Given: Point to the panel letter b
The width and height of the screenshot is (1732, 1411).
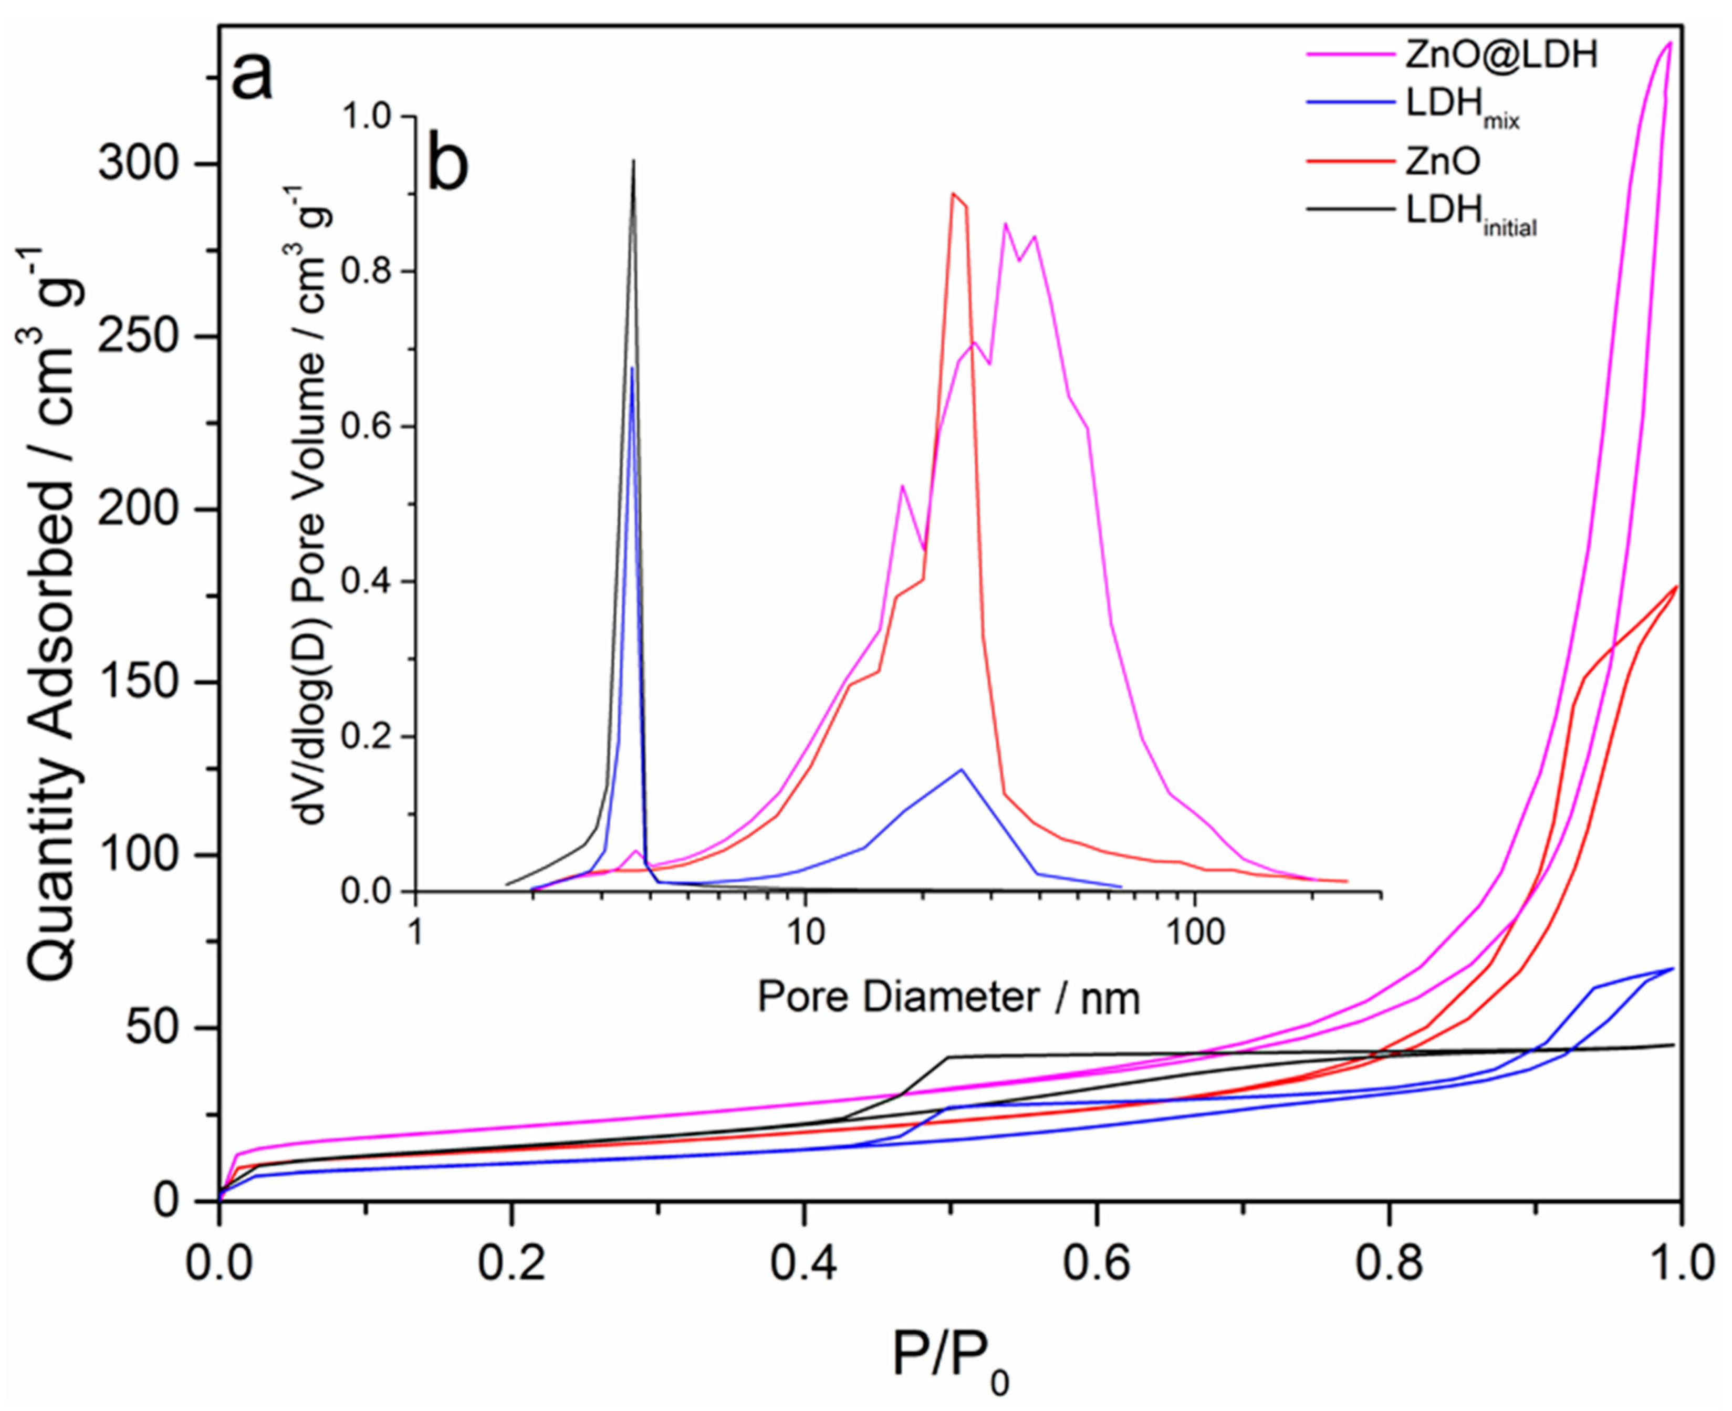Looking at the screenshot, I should tap(448, 163).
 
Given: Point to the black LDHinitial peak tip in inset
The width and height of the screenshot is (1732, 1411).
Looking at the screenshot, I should tap(634, 161).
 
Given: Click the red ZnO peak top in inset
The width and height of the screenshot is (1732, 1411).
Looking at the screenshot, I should tap(953, 193).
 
